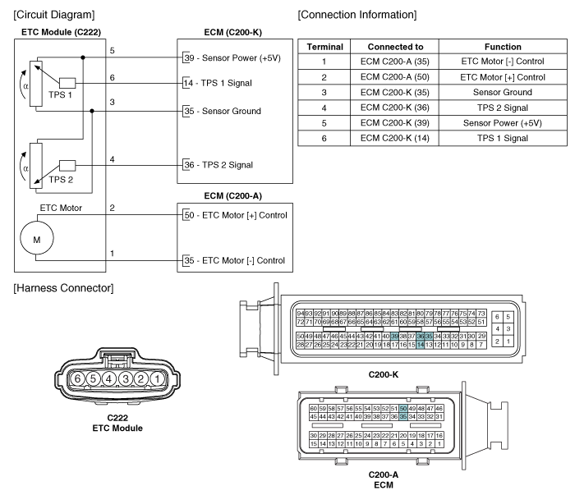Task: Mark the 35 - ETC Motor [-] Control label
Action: click(x=233, y=262)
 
